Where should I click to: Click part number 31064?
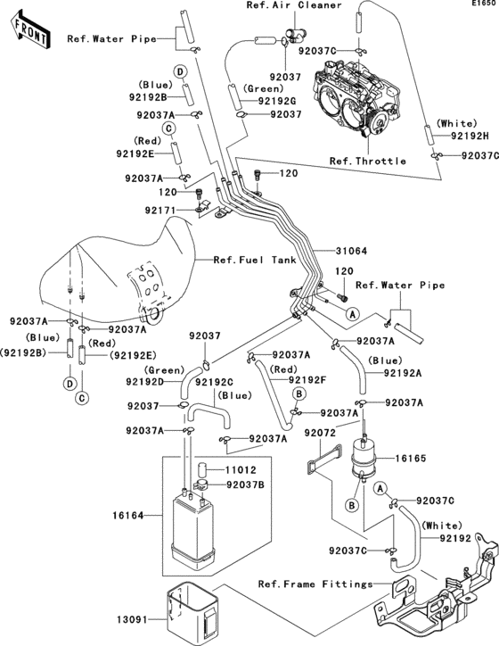[x=351, y=251]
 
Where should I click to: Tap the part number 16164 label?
[x=128, y=515]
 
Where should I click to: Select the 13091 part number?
[x=132, y=619]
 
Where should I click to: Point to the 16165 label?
[x=411, y=458]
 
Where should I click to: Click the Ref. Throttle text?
[x=368, y=161]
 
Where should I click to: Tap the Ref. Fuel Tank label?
[x=255, y=260]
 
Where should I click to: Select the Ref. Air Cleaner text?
[x=294, y=5]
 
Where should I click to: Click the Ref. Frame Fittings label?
[x=315, y=584]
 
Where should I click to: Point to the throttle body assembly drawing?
[x=356, y=97]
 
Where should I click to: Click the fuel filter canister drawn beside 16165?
[x=364, y=457]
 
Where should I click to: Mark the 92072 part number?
[x=320, y=433]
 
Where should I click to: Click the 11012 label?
[x=241, y=469]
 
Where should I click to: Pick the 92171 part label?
[x=160, y=210]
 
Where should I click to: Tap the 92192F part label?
[x=307, y=380]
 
